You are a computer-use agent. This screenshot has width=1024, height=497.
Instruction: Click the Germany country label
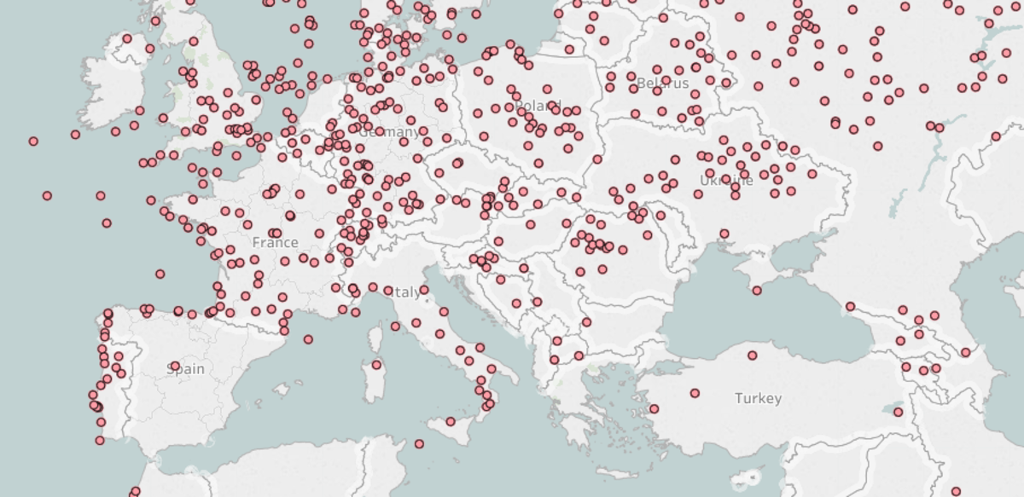(389, 133)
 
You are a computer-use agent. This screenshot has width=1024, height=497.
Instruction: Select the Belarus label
(662, 84)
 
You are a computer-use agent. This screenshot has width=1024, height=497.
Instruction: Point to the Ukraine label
(726, 181)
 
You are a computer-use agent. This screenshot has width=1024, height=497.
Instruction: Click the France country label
(275, 243)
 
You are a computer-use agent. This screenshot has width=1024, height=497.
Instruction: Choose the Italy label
(406, 292)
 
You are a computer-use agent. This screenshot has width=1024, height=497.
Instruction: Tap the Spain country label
(185, 369)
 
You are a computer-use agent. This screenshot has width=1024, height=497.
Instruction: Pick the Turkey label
(758, 398)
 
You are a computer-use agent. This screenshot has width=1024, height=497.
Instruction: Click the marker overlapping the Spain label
(175, 367)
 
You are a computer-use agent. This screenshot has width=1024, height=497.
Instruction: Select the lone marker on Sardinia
(376, 365)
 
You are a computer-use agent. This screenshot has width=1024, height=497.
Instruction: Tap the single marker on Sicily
(451, 421)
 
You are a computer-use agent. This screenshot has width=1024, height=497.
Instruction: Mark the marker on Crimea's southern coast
(757, 291)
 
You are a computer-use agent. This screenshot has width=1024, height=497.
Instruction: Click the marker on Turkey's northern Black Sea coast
(752, 355)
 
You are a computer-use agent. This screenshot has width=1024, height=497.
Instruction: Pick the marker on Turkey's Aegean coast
(654, 409)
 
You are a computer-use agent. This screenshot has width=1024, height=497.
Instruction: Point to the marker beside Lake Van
(899, 413)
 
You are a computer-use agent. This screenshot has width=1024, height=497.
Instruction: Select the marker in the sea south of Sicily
(419, 444)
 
